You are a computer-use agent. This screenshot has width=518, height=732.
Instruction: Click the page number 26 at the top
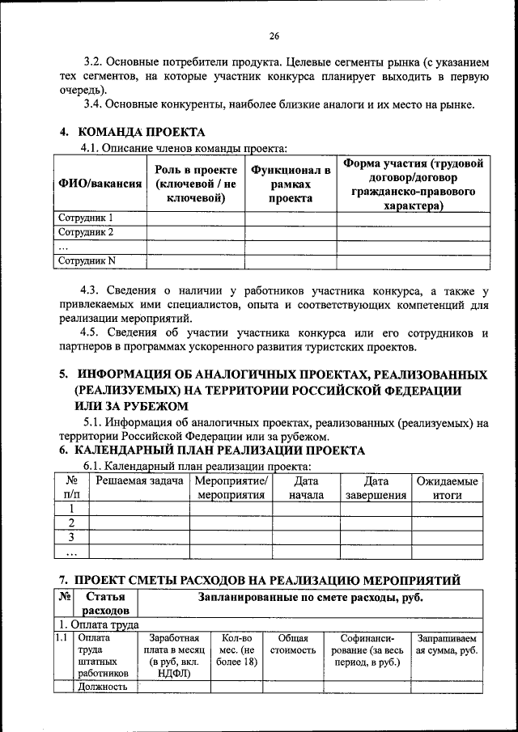click(274, 36)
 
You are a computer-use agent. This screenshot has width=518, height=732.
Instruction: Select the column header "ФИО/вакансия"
click(99, 184)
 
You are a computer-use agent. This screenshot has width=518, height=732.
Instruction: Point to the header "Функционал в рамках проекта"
click(291, 184)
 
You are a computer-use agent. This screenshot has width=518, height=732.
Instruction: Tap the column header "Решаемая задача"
click(138, 482)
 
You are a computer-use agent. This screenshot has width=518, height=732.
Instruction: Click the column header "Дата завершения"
click(376, 489)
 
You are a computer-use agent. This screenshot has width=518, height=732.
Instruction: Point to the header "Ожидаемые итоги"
click(447, 489)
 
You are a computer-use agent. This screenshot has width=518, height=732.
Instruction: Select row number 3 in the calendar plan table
click(71, 537)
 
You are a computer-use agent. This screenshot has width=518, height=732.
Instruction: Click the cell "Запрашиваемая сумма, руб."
click(447, 645)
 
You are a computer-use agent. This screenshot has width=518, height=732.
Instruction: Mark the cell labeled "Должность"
click(103, 688)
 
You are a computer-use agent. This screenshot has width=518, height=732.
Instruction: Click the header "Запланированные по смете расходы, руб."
click(311, 599)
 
